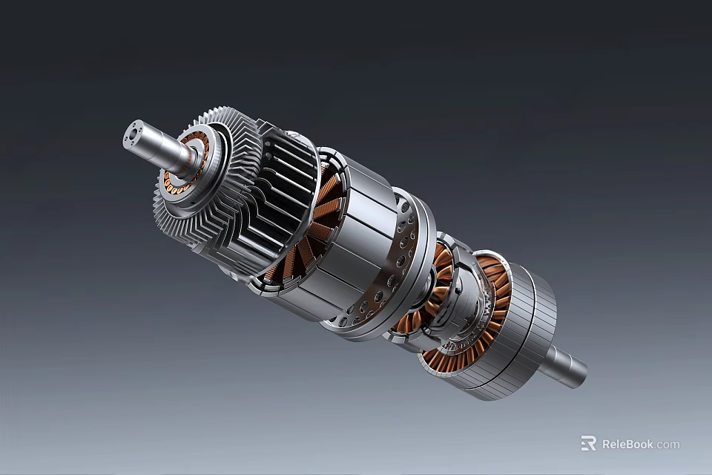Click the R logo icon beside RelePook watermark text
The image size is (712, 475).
point(588,443)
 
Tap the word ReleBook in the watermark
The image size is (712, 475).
point(627,444)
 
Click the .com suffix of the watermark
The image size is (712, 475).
point(667,444)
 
